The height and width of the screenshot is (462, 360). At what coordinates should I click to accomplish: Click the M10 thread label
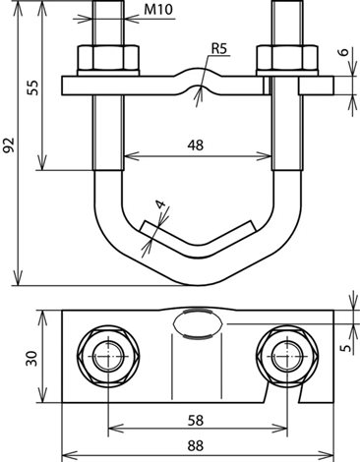[x=158, y=10]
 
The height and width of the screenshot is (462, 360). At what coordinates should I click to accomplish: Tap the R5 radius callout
[x=218, y=48]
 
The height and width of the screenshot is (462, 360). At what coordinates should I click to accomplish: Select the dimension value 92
[x=9, y=144]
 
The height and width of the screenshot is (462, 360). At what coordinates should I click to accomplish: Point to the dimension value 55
[x=32, y=87]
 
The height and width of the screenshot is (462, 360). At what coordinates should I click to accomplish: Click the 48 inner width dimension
[x=196, y=144]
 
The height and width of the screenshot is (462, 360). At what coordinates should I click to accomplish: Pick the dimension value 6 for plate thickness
[x=344, y=52]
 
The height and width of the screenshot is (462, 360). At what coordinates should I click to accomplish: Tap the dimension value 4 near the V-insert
[x=161, y=204]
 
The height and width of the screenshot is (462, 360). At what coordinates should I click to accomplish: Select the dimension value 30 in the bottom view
[x=32, y=358]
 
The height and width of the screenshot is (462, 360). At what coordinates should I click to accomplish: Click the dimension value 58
[x=196, y=421]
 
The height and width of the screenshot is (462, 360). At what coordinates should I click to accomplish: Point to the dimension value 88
[x=196, y=446]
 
